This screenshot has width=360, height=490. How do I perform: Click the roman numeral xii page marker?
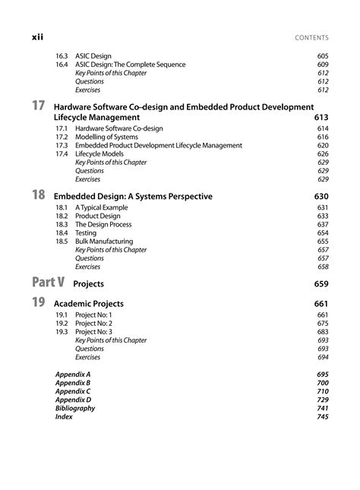(37, 36)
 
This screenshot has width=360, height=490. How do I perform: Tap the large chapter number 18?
(39, 195)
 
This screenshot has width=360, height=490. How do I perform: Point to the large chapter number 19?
(39, 303)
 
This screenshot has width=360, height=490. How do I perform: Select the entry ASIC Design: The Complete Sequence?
(130, 65)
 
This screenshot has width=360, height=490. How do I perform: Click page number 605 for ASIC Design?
(322, 56)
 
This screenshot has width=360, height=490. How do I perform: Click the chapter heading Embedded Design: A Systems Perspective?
(144, 197)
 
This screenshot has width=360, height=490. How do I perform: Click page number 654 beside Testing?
(322, 233)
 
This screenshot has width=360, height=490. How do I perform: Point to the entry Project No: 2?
(93, 324)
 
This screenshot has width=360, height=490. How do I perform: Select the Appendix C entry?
(73, 391)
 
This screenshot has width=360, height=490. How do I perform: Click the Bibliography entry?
(75, 408)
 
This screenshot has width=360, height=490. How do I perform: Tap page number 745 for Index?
(322, 416)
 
